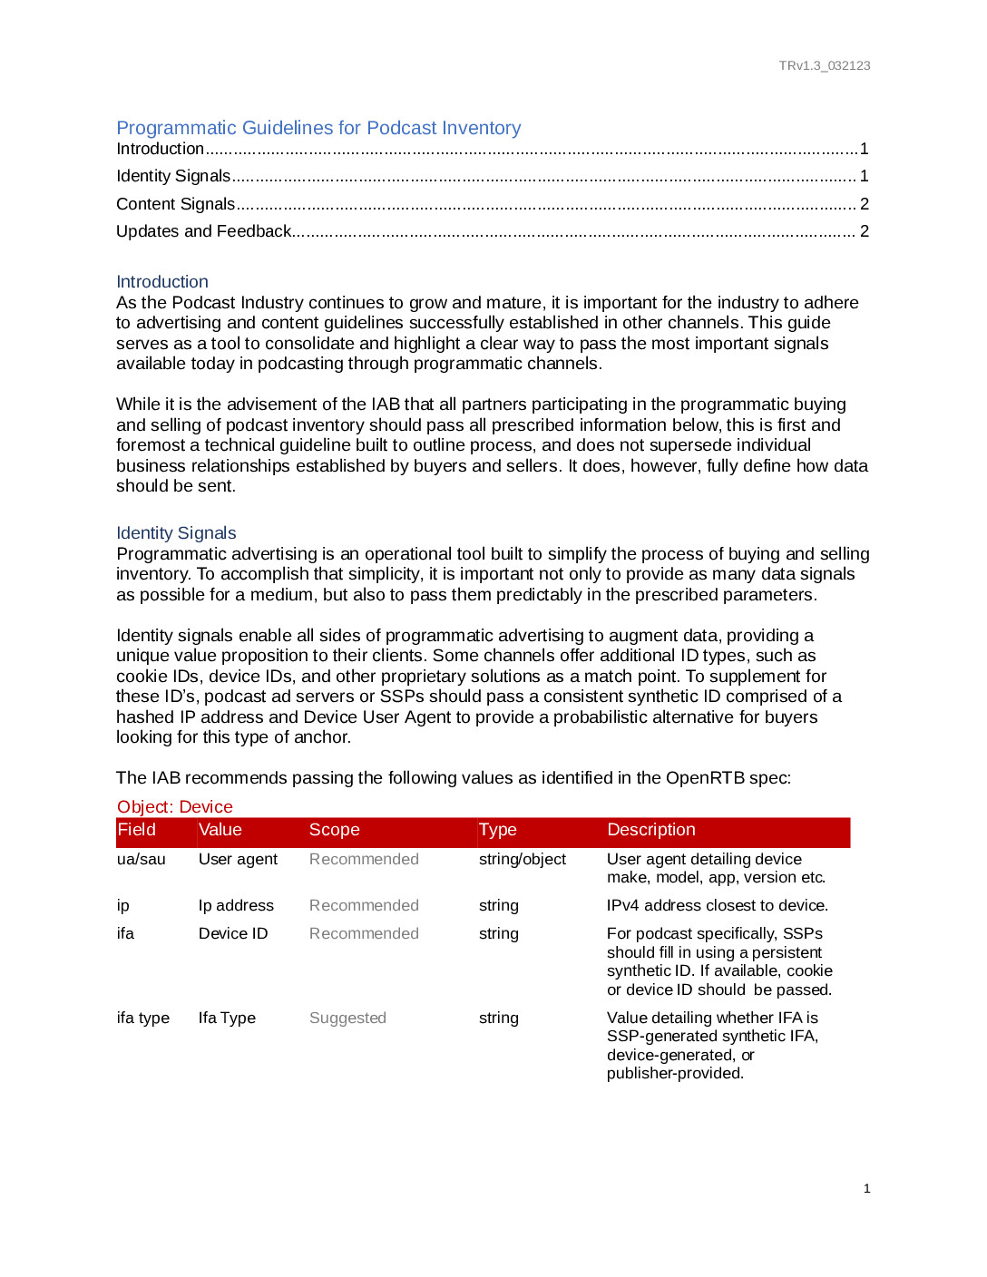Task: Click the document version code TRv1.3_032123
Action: pos(824,65)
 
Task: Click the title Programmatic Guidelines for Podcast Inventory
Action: pos(318,128)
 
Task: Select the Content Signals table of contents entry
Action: pos(176,204)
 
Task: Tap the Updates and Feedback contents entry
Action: pos(204,231)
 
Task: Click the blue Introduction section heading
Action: pos(162,282)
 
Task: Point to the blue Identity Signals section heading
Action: pos(176,533)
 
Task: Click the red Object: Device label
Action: pos(175,807)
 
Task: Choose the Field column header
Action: pos(137,830)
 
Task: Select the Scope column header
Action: pos(335,830)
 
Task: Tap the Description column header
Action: pos(651,830)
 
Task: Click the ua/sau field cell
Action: pos(142,859)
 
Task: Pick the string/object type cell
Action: pos(523,859)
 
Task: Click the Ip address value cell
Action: pos(236,905)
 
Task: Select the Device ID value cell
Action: pos(233,933)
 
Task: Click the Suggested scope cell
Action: pos(347,1018)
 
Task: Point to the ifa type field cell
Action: pos(143,1018)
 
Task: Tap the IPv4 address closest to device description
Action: pos(718,905)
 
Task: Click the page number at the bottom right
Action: pos(867,1188)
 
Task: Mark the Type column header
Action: pos(498,830)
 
